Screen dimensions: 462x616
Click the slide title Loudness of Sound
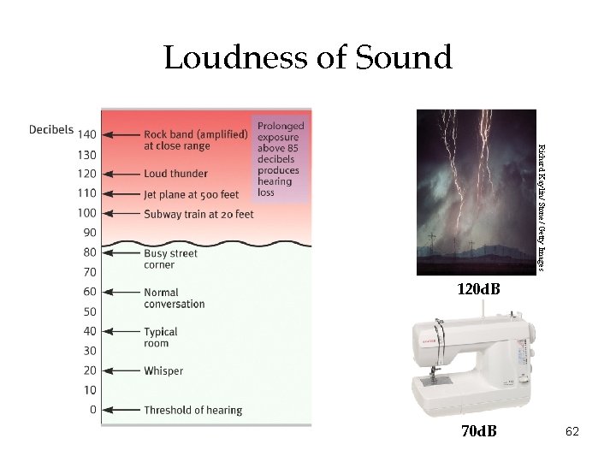click(x=307, y=58)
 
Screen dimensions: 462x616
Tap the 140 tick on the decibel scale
click(x=86, y=134)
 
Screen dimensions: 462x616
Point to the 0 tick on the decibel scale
click(x=92, y=410)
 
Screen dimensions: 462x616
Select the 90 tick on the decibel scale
click(x=88, y=232)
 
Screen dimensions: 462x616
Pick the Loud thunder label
click(x=175, y=175)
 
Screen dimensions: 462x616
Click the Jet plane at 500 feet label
click(x=191, y=194)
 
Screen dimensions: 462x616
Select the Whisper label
click(x=163, y=371)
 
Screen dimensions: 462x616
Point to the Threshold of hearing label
click(x=192, y=411)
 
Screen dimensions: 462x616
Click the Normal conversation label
click(x=174, y=298)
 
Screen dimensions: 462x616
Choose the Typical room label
click(x=161, y=337)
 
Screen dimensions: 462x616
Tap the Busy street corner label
click(x=170, y=258)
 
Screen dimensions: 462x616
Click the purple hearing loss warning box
click(x=278, y=158)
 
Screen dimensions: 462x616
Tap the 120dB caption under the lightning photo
click(x=478, y=290)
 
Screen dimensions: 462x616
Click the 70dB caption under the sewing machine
click(x=478, y=430)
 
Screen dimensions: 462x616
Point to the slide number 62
click(x=572, y=432)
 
